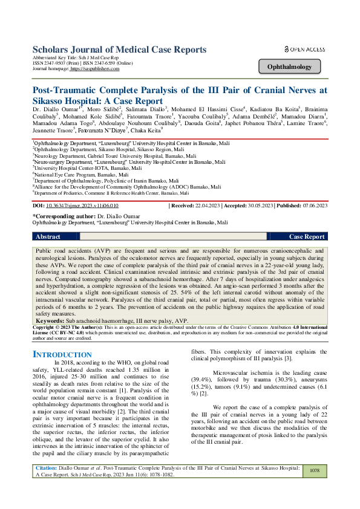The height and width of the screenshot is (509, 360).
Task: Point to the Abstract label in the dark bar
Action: (x=49, y=237)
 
